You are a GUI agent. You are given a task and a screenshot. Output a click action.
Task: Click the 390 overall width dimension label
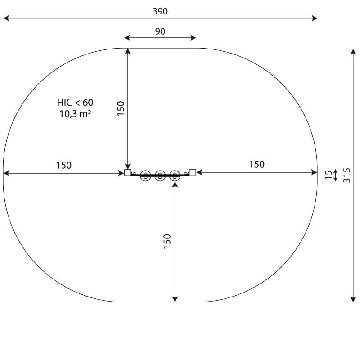click(x=160, y=11)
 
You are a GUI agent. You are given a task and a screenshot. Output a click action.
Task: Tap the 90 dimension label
click(x=160, y=31)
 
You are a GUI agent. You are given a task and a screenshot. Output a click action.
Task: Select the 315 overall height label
click(x=347, y=175)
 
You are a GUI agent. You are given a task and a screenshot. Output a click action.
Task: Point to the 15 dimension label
click(x=329, y=175)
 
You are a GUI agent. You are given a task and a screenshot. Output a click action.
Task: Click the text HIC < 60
click(x=75, y=103)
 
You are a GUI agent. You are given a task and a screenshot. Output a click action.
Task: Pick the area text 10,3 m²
click(x=75, y=114)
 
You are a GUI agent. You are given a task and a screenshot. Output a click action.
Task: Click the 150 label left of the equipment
click(x=64, y=165)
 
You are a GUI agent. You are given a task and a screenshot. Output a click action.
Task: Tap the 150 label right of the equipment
click(x=256, y=164)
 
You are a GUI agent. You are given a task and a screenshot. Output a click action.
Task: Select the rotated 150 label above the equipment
click(x=121, y=108)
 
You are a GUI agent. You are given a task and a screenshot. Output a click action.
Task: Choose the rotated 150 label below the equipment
click(x=167, y=241)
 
